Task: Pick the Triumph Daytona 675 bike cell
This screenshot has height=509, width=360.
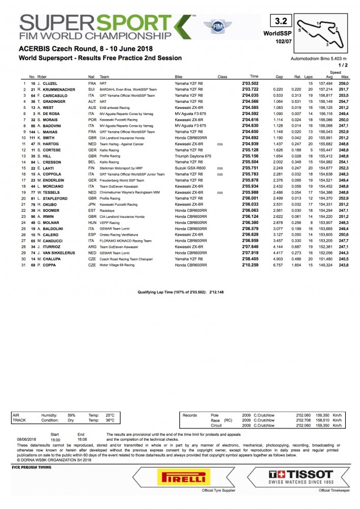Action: point(190,156)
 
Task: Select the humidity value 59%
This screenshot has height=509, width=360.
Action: point(72,415)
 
